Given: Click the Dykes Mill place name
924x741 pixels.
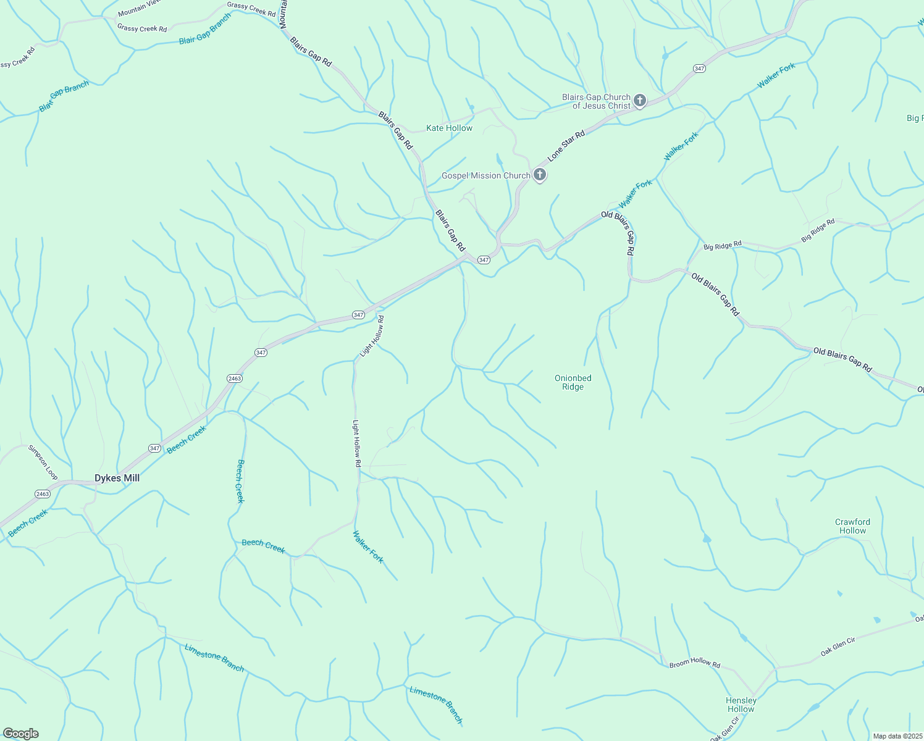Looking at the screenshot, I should click(x=117, y=478).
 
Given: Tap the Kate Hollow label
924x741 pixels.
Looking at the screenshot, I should click(x=449, y=128).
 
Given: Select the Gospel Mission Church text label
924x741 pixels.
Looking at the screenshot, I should click(x=485, y=176).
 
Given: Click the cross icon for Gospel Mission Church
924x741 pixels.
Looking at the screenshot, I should click(x=540, y=175).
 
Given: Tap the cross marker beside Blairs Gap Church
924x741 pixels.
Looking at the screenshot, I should click(x=640, y=100).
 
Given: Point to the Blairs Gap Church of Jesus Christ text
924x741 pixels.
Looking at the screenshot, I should click(x=596, y=101).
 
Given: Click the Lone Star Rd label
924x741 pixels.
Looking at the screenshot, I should click(x=566, y=146).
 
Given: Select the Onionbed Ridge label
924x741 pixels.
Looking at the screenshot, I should click(x=573, y=382).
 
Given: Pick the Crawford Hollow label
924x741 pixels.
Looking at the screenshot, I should click(x=852, y=526).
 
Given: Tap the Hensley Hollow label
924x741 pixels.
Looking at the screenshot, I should click(x=741, y=705).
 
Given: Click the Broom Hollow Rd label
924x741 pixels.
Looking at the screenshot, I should click(x=695, y=663).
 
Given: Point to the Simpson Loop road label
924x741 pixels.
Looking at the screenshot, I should click(x=43, y=463).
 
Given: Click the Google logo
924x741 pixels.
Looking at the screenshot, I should click(x=20, y=734).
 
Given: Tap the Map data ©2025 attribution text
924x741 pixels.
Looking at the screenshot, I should click(x=896, y=736).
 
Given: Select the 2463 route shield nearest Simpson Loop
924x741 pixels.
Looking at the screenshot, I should click(x=42, y=494).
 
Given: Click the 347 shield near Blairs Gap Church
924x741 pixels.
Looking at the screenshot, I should click(x=699, y=69).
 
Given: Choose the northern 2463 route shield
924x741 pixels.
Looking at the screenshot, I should click(x=234, y=378).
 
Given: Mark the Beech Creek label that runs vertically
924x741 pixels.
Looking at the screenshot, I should click(x=240, y=481).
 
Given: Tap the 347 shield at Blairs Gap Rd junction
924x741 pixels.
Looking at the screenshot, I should click(x=484, y=260).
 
